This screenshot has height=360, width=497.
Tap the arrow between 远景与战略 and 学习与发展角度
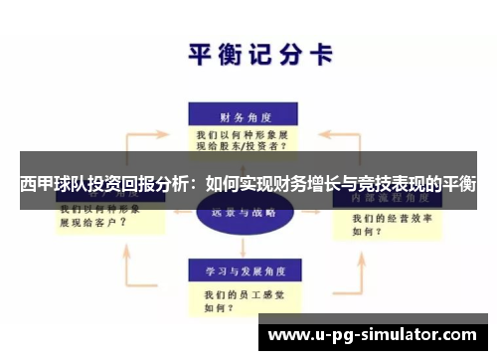[241, 245]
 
